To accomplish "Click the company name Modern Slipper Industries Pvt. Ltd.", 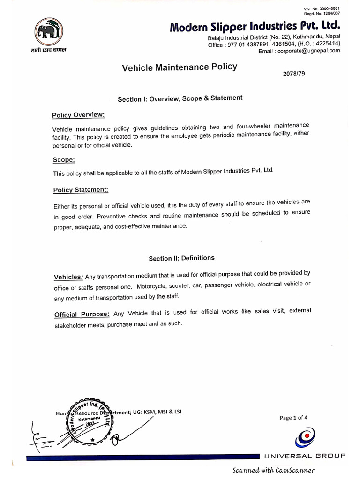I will tap(255, 26).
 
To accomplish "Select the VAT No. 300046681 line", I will tap(322, 9).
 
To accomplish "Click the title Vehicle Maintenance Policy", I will tap(180, 67).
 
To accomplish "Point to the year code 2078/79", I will tap(294, 74).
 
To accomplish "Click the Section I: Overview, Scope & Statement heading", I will tap(180, 98).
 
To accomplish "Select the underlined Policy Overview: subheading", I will tap(78, 115).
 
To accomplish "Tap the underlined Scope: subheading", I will tap(64, 160).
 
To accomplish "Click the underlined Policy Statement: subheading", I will tap(80, 190).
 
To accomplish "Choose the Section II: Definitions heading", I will tap(181, 258).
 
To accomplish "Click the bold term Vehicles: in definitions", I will tap(69, 277).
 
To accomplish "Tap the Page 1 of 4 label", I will tap(293, 418).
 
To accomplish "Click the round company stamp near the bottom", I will tap(90, 420).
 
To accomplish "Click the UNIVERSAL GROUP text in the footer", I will tap(305, 456).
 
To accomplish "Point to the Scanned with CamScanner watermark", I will tap(273, 470).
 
